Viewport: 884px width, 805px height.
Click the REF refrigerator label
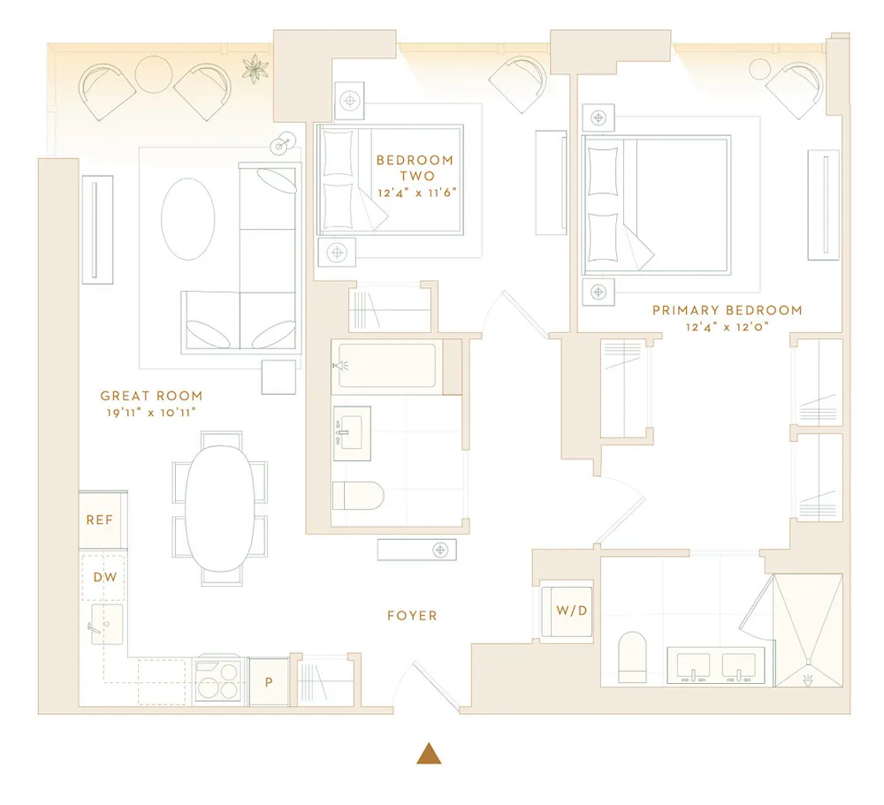click(x=100, y=520)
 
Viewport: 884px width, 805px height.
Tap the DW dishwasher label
click(x=104, y=576)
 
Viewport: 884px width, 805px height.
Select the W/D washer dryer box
click(x=567, y=611)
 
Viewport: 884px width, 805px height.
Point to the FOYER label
click(x=412, y=615)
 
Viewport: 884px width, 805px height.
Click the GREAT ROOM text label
click(x=151, y=396)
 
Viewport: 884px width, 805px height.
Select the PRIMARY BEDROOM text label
click(x=727, y=310)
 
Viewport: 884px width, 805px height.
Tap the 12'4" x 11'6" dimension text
click(x=415, y=192)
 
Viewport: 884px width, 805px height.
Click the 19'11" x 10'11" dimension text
click(x=149, y=413)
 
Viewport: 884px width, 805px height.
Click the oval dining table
click(x=220, y=507)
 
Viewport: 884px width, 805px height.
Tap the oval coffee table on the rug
click(x=187, y=219)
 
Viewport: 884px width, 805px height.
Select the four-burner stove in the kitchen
click(x=217, y=680)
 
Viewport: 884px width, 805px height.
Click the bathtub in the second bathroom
click(x=386, y=366)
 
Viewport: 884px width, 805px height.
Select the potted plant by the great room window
click(x=255, y=67)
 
